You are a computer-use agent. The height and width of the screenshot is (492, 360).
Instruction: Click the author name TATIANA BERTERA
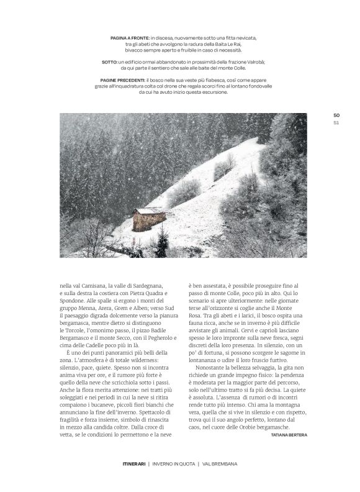(x=289, y=435)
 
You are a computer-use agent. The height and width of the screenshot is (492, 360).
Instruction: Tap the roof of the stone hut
(x=148, y=211)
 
